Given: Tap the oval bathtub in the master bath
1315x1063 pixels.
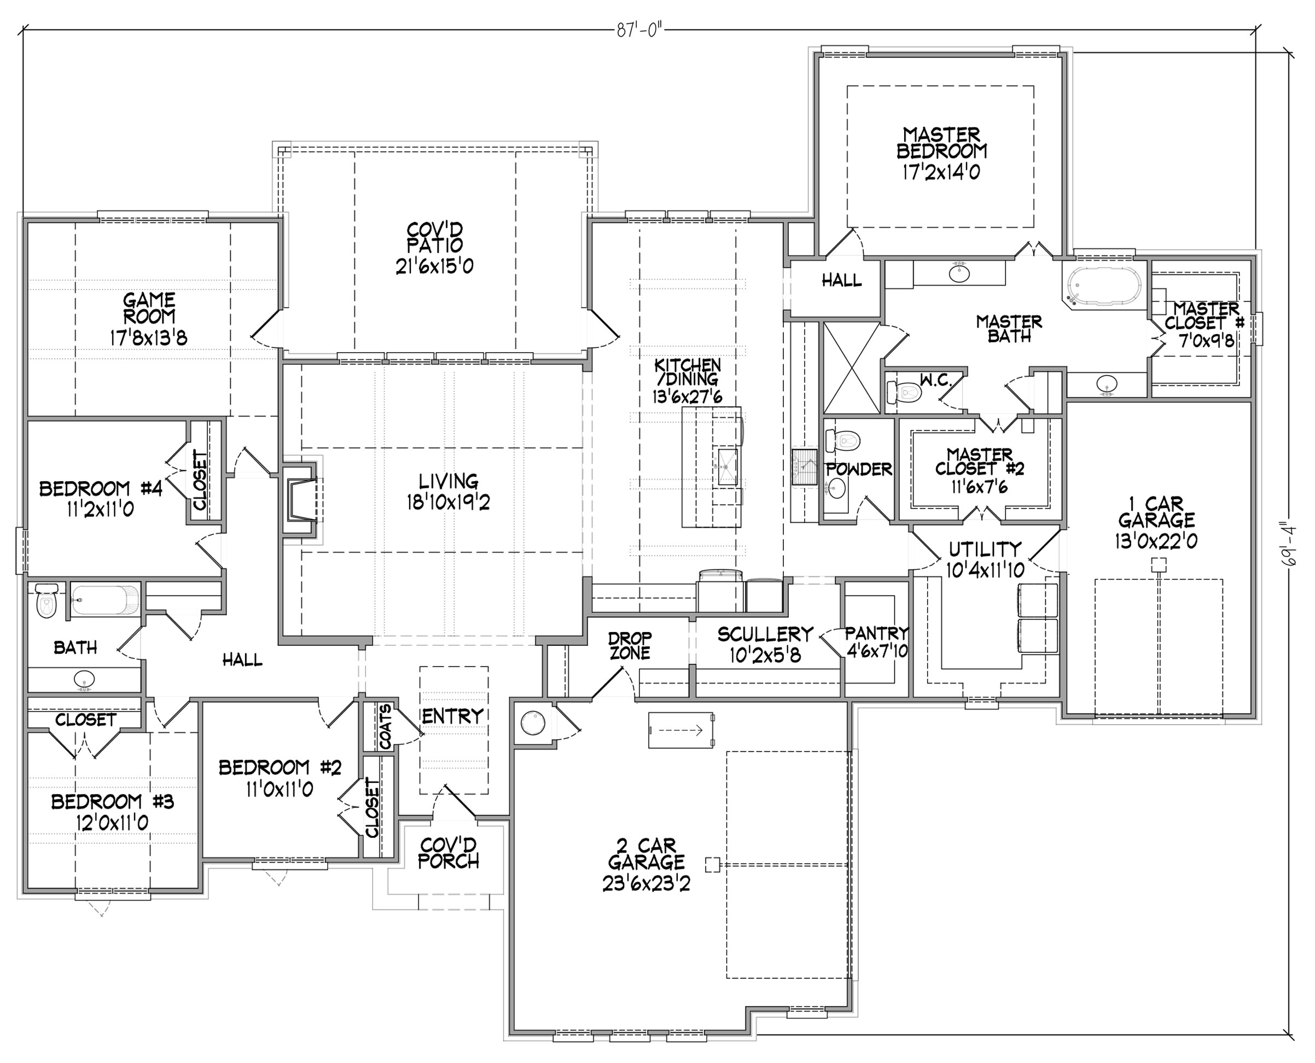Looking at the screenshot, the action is (1104, 287).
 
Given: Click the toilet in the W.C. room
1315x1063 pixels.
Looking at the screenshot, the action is (904, 392).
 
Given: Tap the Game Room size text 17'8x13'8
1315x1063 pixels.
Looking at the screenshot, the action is (149, 338).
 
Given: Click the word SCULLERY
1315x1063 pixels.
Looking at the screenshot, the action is (766, 634).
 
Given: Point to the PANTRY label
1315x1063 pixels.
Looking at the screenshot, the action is (876, 633).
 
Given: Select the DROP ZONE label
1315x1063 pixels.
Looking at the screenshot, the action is (630, 646).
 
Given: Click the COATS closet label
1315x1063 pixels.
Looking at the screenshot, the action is (385, 727).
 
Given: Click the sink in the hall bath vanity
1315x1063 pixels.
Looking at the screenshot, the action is (84, 679).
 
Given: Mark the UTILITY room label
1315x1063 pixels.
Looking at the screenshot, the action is (985, 548).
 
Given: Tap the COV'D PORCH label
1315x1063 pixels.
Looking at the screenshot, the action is (449, 853).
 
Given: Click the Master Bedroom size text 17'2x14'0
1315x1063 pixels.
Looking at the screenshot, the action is (941, 172).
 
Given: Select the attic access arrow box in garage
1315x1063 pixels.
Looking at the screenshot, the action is (681, 729).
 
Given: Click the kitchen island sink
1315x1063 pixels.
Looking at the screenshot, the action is (726, 466).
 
